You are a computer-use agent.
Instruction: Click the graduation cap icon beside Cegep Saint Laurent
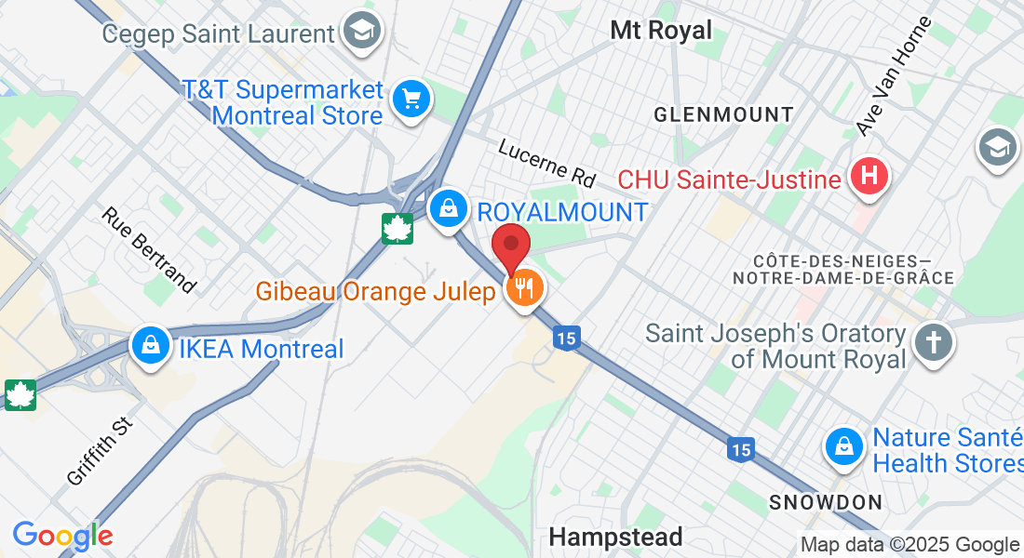click(x=360, y=32)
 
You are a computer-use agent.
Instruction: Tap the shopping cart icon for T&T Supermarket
click(x=411, y=99)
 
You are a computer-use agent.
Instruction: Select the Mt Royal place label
click(x=661, y=30)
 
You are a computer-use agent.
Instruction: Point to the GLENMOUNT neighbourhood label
click(x=723, y=115)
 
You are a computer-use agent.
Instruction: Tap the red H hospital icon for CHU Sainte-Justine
click(x=869, y=176)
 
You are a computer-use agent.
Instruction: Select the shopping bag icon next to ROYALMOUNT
click(x=449, y=207)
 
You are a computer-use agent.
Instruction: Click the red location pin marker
click(x=511, y=246)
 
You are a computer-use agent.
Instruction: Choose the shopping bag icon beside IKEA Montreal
click(x=150, y=346)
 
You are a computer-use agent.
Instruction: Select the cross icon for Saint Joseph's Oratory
click(x=934, y=342)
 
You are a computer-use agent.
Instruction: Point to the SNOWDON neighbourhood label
click(x=826, y=503)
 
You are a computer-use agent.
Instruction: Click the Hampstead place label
click(x=615, y=537)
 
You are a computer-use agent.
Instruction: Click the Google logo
click(x=62, y=536)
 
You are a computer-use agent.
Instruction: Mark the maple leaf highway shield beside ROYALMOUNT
click(x=397, y=228)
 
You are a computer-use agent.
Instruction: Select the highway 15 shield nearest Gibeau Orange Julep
click(x=566, y=339)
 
